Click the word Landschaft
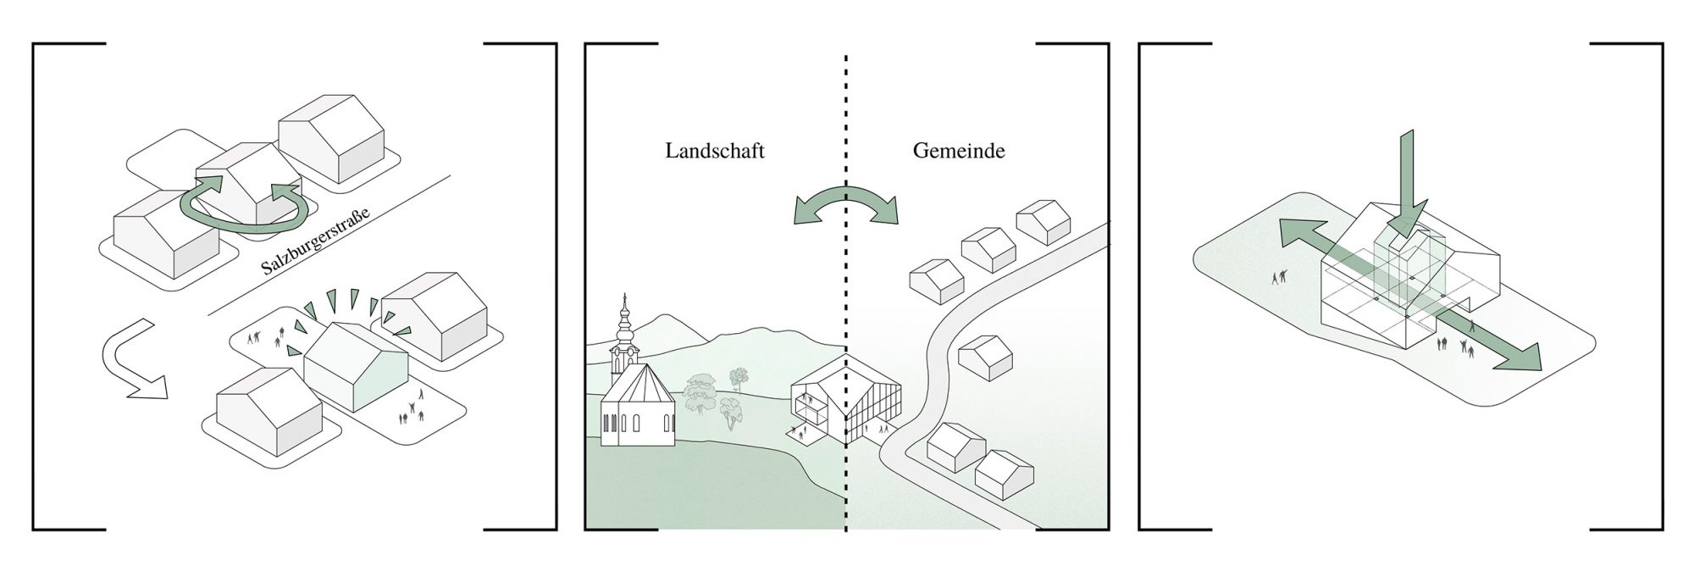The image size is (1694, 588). pos(714,152)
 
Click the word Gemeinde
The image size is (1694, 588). pos(959,152)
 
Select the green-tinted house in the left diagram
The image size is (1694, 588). pos(357,363)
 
